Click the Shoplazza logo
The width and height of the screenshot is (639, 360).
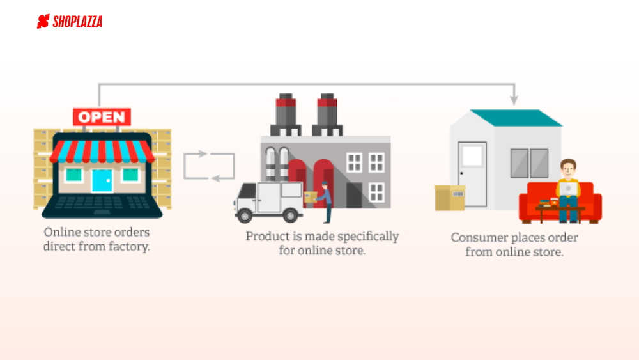(70, 22)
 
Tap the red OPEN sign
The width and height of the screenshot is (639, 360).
(102, 117)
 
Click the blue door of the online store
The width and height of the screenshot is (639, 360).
(102, 180)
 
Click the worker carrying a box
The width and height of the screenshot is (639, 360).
(324, 202)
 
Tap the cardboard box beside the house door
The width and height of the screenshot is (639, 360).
(450, 198)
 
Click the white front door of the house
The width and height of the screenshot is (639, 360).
(472, 174)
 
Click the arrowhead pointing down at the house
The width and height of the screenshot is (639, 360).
(513, 100)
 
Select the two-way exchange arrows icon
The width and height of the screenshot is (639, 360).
(209, 166)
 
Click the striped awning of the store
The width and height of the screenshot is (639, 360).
(102, 151)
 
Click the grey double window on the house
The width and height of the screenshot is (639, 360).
(530, 163)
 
